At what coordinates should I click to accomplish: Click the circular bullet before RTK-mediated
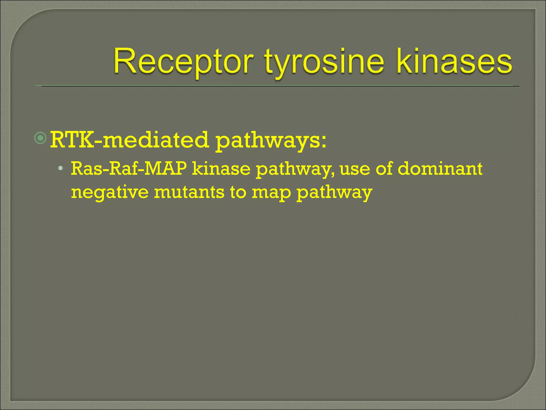tap(41, 138)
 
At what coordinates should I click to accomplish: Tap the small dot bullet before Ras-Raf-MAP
tap(61, 168)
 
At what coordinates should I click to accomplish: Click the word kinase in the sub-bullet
tap(221, 169)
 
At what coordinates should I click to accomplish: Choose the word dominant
tap(441, 169)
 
